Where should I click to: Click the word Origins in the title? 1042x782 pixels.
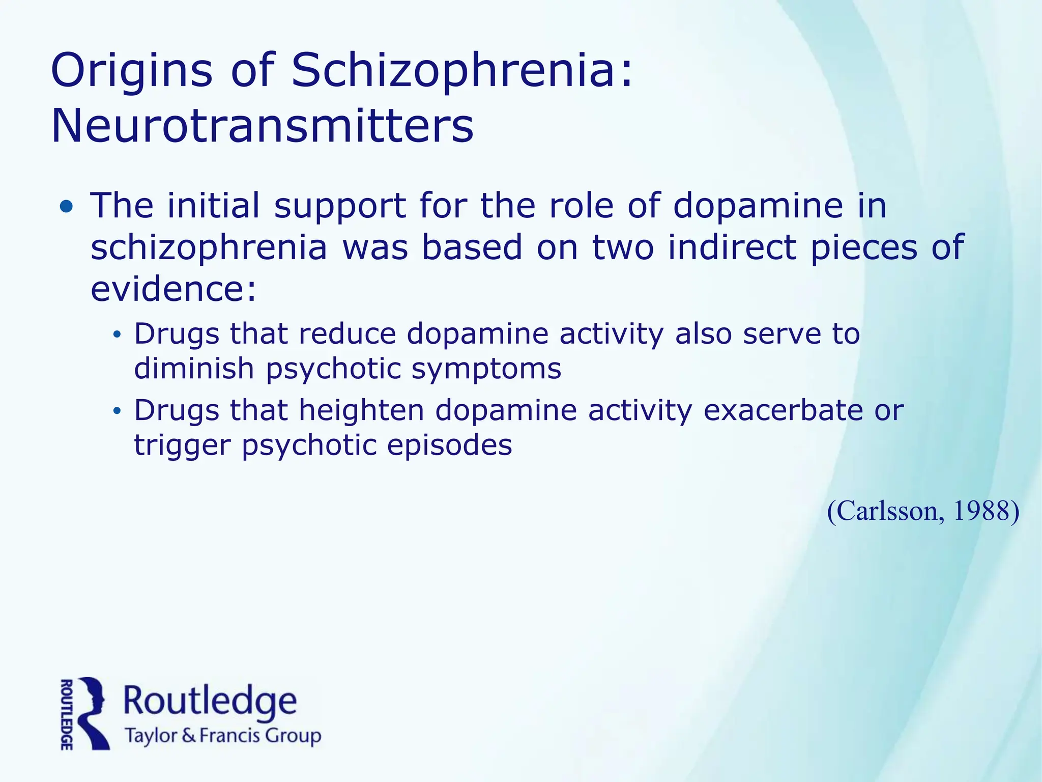pos(131,71)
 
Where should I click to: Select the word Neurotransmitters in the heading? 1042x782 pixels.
pos(263,126)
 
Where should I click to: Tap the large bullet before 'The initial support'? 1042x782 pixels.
pos(66,207)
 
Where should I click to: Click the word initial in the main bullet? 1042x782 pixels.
pos(214,206)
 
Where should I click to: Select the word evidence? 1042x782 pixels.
pos(173,289)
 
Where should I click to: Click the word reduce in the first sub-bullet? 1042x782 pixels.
pos(347,334)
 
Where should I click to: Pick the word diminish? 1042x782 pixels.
pos(194,369)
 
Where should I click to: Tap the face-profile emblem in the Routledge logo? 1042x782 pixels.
pos(94,713)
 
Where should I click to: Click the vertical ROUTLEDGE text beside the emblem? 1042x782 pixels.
pos(66,714)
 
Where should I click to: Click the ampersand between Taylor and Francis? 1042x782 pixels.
pos(189,736)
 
